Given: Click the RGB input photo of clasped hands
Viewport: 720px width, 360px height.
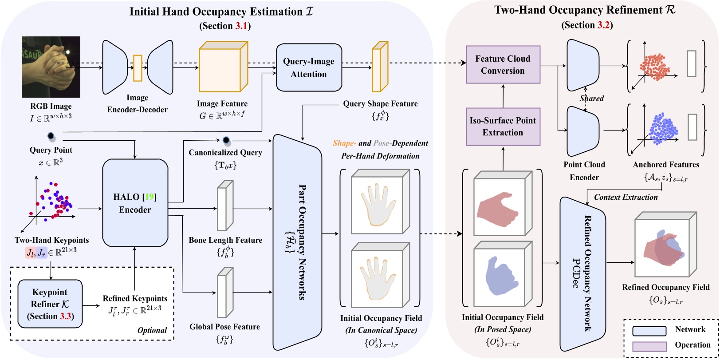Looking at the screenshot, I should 51,67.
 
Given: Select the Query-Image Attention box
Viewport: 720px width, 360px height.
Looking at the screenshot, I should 309,68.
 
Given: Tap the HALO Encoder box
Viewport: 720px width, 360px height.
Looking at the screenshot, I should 135,203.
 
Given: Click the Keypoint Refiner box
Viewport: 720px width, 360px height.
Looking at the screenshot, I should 50,304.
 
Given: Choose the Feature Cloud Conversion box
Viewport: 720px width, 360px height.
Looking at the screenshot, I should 503,64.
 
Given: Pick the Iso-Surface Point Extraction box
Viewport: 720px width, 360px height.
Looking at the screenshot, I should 503,127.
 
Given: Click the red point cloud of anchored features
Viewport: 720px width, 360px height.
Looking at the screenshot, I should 655,67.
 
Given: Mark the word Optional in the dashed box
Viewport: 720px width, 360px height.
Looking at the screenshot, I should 152,330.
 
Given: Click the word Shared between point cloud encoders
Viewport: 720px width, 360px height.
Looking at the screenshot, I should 591,99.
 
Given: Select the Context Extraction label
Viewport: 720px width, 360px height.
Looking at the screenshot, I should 626,197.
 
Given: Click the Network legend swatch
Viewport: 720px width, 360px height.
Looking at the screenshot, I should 649,330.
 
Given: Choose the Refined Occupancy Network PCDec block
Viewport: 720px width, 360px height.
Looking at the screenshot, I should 582,273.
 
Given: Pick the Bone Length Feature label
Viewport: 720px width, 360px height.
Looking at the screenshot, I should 225,240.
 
